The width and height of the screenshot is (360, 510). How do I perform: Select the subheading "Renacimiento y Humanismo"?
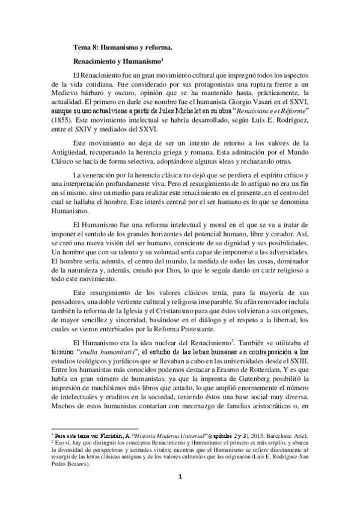114,61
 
